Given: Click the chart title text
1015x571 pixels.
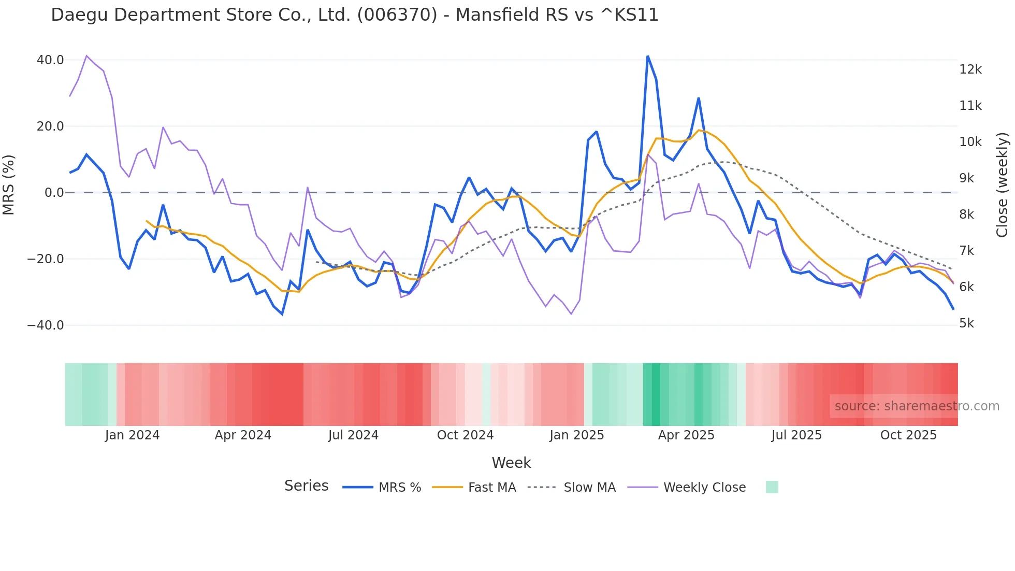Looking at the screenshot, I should pyautogui.click(x=355, y=15).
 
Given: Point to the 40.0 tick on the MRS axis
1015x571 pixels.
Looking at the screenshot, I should pyautogui.click(x=50, y=60).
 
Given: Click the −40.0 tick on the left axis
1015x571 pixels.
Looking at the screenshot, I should pyautogui.click(x=46, y=325).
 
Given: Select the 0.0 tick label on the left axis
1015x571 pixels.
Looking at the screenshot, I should pyautogui.click(x=54, y=193).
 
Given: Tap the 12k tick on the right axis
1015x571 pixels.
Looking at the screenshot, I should pyautogui.click(x=970, y=69).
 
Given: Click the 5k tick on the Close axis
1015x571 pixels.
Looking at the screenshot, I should pyautogui.click(x=966, y=323).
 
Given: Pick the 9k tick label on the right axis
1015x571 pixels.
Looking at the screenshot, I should pyautogui.click(x=966, y=178).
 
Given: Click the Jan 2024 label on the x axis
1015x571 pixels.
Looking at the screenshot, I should pyautogui.click(x=132, y=435).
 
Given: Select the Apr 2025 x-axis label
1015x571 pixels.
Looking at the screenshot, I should pyautogui.click(x=686, y=435).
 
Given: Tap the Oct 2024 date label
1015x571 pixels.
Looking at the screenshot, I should pyautogui.click(x=465, y=435).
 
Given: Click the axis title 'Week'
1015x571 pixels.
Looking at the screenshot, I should pyautogui.click(x=511, y=463).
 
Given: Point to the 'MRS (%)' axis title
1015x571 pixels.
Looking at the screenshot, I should pyautogui.click(x=9, y=185).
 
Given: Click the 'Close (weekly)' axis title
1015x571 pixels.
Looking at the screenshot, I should pyautogui.click(x=1003, y=185).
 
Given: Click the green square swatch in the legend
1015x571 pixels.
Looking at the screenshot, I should pyautogui.click(x=772, y=487).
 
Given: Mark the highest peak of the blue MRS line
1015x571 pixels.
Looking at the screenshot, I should pyautogui.click(x=648, y=56).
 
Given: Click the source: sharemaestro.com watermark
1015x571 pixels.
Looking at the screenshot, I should pyautogui.click(x=917, y=406).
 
